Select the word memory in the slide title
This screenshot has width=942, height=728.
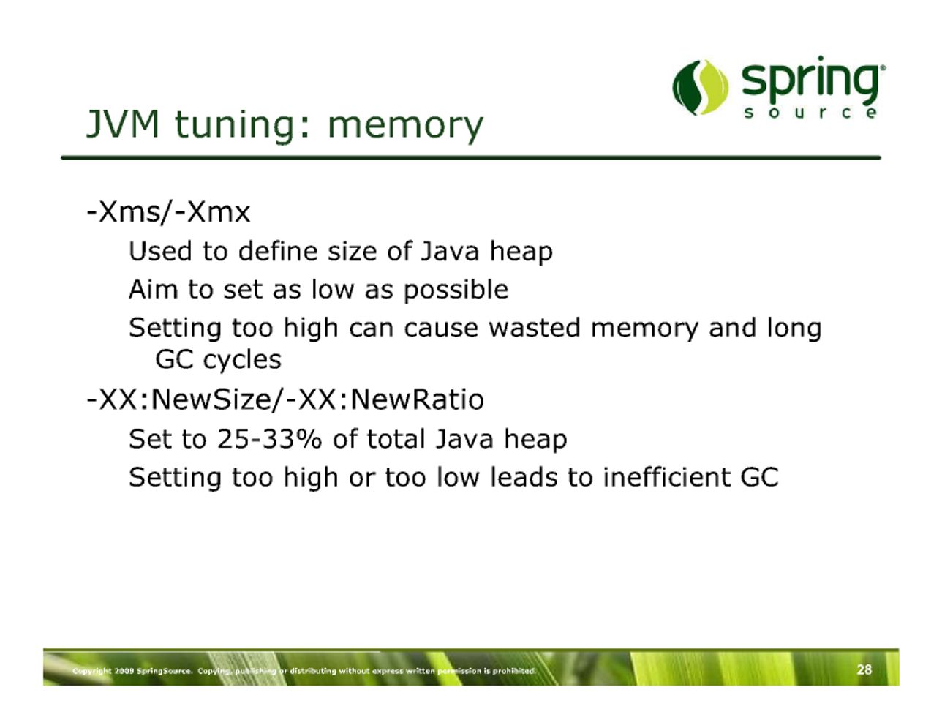(405, 127)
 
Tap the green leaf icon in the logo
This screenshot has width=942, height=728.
(701, 87)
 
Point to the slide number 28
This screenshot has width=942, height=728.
(864, 670)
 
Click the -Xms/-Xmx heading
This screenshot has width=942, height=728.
(169, 212)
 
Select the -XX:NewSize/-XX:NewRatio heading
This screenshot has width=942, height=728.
(285, 399)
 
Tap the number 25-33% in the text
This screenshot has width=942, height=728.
(269, 439)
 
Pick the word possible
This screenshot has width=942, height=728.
(456, 290)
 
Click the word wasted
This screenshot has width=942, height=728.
(535, 327)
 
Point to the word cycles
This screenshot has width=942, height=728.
(242, 360)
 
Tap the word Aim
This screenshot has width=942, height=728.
(154, 289)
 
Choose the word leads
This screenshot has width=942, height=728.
(524, 477)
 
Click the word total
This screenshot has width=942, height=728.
(396, 439)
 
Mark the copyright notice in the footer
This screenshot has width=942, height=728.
(304, 671)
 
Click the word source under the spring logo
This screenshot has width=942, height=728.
(810, 113)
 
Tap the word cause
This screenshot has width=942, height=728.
(441, 328)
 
